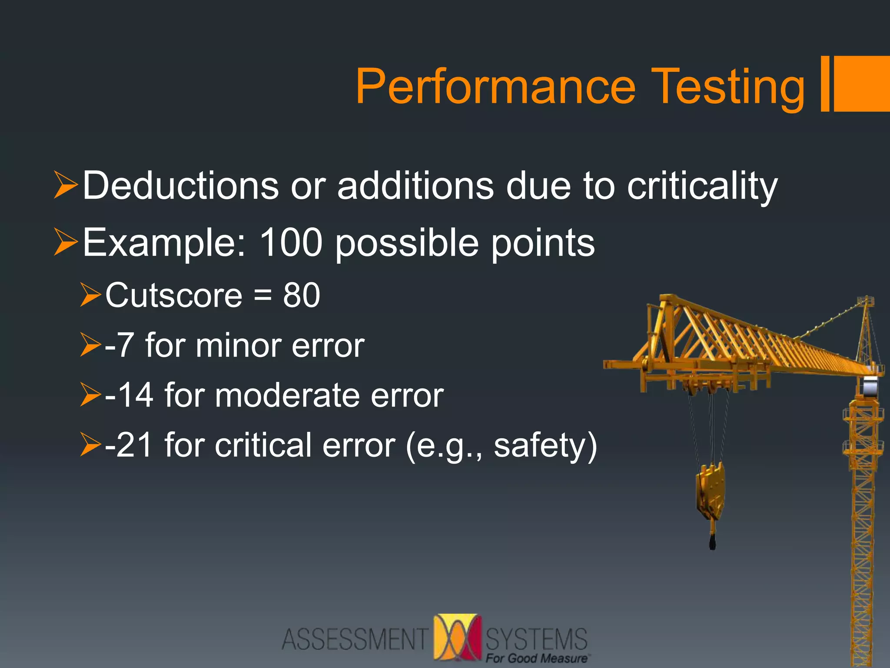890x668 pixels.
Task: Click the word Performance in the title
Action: click(495, 87)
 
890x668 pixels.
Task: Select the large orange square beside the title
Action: click(862, 83)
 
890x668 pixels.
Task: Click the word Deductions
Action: click(180, 186)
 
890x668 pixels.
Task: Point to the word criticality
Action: click(702, 187)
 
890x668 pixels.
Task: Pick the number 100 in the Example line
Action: click(290, 242)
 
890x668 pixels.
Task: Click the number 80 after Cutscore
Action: click(302, 295)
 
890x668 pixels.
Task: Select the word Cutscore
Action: click(174, 295)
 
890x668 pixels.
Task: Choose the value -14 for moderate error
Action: click(129, 395)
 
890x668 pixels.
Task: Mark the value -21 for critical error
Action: click(129, 445)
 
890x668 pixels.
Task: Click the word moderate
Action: click(287, 395)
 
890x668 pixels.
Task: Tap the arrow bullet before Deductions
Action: click(66, 185)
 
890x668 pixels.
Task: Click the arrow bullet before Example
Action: click(66, 242)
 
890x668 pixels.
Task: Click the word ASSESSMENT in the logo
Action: click(355, 639)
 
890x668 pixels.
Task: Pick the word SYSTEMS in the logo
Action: click(536, 638)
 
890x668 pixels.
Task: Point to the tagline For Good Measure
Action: click(536, 658)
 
